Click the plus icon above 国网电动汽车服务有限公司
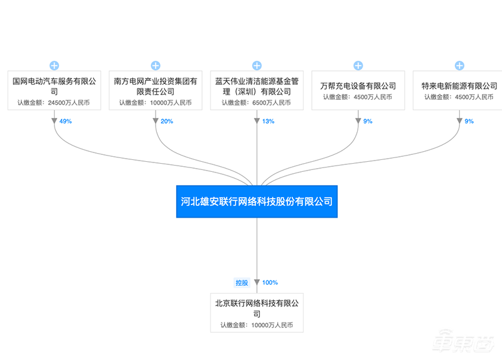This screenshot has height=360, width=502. tap(54, 65)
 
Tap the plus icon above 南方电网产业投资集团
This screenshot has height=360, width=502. tap(156, 65)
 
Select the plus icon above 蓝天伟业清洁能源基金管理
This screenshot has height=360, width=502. tap(257, 65)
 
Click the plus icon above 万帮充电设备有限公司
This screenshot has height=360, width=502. tap(358, 65)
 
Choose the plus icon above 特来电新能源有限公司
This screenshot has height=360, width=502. tap(459, 65)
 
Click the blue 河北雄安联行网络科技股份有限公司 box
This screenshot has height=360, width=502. tap(257, 202)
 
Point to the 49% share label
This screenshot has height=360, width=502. tap(66, 121)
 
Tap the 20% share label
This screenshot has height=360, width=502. tap(167, 121)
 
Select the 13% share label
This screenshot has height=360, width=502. tap(268, 121)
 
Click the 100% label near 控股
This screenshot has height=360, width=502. tap(270, 282)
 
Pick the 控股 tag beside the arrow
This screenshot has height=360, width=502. tap(242, 282)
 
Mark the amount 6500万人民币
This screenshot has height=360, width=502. tap(275, 103)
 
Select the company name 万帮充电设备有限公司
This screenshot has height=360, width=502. tap(358, 85)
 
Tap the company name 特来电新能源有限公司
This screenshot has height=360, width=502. tap(459, 85)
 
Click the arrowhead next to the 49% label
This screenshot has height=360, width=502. tap(54, 121)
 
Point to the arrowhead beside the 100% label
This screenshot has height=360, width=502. tap(257, 283)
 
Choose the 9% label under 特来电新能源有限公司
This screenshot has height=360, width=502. tap(469, 121)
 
